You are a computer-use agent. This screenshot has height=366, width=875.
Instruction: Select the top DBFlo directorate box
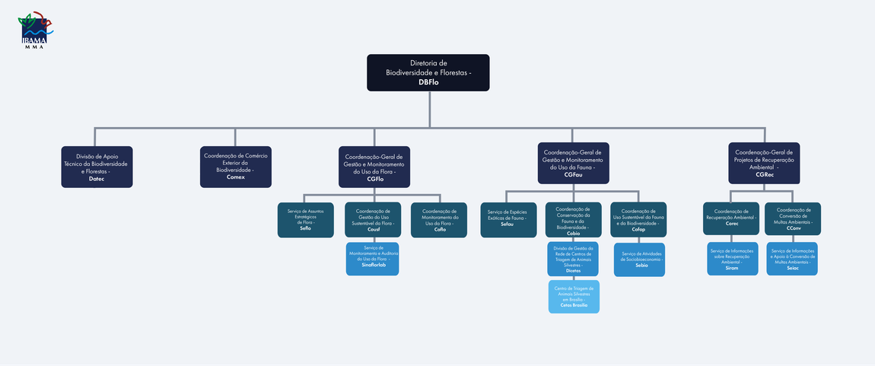point(428,72)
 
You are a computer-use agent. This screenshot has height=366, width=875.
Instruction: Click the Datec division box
point(97,167)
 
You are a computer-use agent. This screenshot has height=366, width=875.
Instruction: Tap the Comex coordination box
point(235,167)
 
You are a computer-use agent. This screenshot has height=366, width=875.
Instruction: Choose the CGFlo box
point(374,167)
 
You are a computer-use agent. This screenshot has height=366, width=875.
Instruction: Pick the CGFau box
point(573,163)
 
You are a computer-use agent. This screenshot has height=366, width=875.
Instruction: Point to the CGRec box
point(763,163)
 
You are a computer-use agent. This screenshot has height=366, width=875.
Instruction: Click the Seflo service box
point(305,220)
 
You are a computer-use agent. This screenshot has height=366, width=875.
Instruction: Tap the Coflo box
point(439,220)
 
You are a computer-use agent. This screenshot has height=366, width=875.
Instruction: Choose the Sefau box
point(508,220)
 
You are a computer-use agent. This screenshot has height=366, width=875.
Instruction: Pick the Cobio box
point(573,220)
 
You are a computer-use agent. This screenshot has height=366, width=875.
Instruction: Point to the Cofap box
point(638,220)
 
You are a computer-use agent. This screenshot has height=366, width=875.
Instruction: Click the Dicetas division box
point(573,259)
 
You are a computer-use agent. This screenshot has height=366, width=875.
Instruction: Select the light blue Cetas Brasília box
point(574,297)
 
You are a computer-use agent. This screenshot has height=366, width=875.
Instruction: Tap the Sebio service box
point(641,259)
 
